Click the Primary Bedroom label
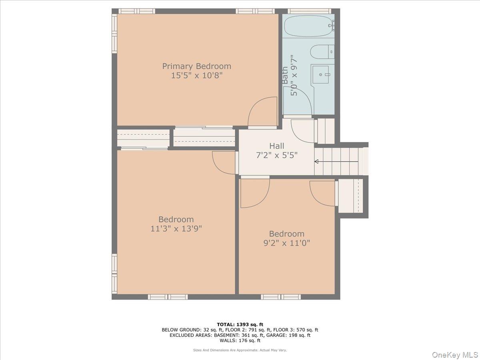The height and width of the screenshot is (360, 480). point(196,66)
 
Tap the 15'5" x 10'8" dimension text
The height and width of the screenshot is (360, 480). point(196,76)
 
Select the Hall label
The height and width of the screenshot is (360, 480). point(277,146)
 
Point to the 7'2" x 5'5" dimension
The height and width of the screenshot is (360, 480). point(277,155)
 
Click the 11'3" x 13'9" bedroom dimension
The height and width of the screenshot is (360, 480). point(176,229)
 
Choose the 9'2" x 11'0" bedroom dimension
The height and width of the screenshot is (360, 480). point(286,243)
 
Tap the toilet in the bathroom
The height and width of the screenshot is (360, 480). point(322,52)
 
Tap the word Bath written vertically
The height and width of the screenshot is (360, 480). point(285,75)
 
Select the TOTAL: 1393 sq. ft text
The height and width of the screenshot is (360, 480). point(240,324)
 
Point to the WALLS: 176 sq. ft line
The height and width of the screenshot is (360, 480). point(240,341)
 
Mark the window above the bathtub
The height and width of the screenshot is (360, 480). point(309,11)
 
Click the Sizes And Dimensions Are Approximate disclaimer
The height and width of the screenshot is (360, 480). point(240,350)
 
